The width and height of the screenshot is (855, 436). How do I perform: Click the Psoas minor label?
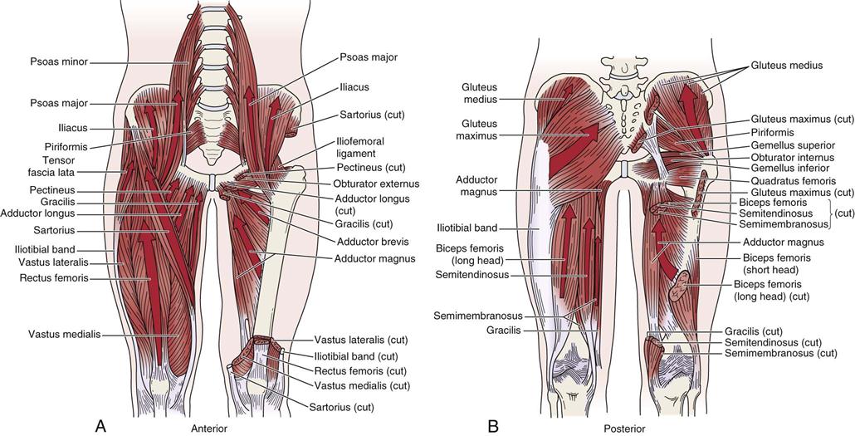59,62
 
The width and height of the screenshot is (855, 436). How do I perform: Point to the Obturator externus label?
376,184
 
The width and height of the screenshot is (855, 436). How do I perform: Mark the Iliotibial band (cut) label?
356,355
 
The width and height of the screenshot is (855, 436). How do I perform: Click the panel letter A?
100,425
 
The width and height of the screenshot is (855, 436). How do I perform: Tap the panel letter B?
493,425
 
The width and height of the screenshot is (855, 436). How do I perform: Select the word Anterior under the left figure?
209,429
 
